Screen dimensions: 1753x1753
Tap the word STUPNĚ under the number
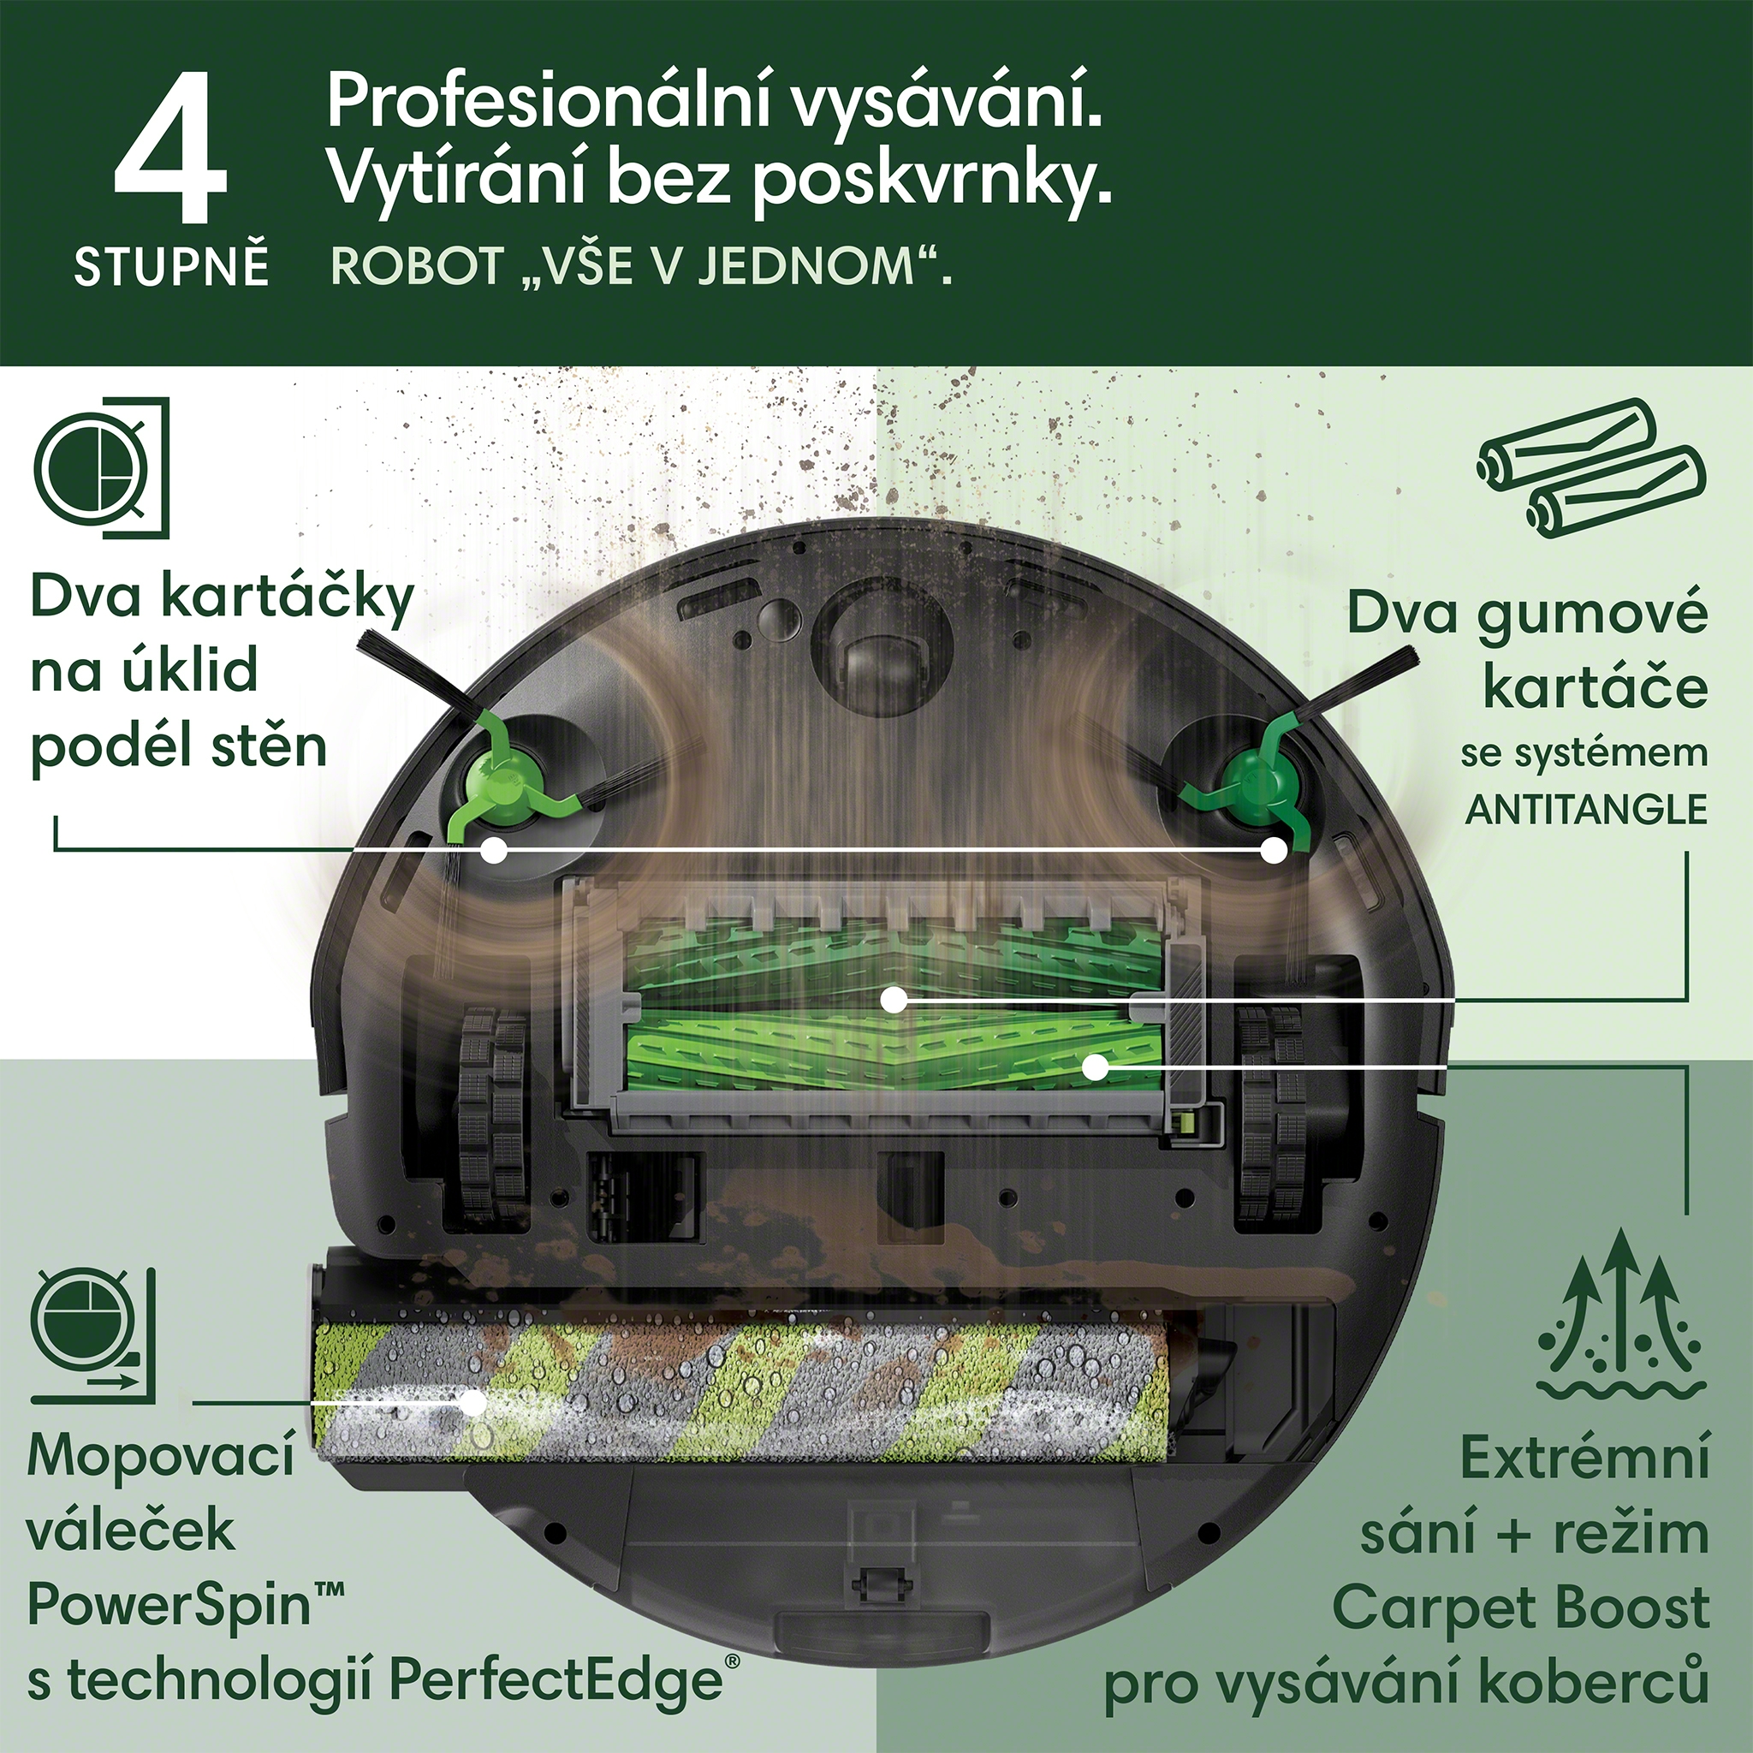[171, 267]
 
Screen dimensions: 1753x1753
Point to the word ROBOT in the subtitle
[418, 267]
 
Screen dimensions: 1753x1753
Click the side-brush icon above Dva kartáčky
[102, 468]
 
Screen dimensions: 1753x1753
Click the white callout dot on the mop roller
[472, 1403]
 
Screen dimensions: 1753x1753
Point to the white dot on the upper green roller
[894, 1000]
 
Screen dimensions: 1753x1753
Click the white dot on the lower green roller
[1096, 1067]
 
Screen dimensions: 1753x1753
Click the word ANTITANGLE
[1587, 810]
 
